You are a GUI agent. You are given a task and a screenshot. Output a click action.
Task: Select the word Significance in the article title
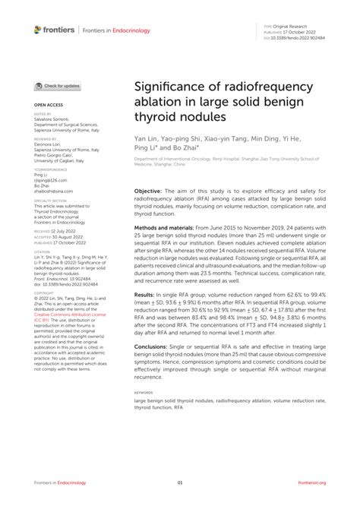pos(173,68)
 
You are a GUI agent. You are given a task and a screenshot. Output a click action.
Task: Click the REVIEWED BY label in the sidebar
pos(44,140)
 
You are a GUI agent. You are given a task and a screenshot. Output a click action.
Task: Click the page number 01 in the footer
pos(180,482)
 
